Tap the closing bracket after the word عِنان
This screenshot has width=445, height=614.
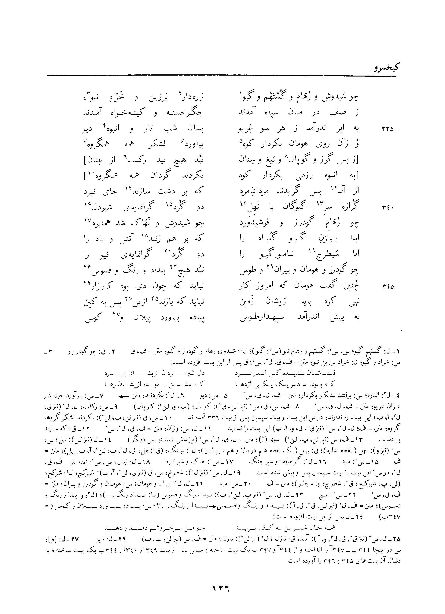(85, 160)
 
